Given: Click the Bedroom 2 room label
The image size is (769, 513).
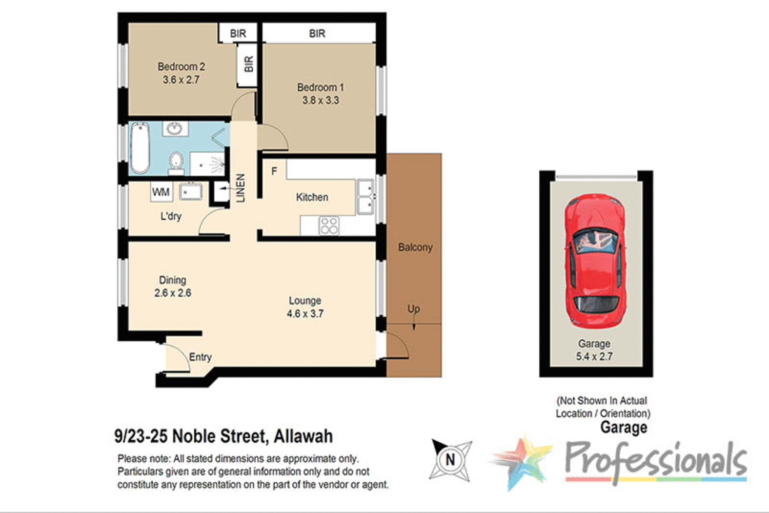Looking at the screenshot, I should click(181, 67).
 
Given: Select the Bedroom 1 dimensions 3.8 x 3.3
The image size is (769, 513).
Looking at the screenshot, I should click(320, 100).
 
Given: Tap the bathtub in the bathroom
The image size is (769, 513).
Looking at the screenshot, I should click(139, 148).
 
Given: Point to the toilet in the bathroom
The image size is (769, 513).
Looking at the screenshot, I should click(176, 161).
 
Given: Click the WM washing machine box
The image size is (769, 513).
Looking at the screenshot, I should click(161, 192).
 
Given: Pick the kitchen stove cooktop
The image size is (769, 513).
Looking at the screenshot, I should click(329, 225).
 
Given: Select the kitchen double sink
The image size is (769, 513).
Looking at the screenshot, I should click(366, 197).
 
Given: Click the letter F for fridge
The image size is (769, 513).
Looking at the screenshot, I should click(274, 171).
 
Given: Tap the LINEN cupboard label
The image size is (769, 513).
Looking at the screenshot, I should click(240, 188).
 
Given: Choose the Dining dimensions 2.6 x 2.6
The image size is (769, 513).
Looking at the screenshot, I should click(173, 293).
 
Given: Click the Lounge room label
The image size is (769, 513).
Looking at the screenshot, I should click(305, 301).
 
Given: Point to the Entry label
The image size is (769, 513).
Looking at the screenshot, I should click(200, 357).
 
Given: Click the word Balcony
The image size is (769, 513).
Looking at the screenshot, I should click(415, 248).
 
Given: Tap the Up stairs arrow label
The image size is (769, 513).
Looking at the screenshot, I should click(414, 309).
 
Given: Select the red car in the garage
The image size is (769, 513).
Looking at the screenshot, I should click(595, 259).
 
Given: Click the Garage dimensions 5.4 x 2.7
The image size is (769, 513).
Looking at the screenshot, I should click(594, 357).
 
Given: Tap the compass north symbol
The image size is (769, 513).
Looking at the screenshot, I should click(450, 460).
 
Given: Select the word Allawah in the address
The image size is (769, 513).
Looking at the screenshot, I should click(303, 436).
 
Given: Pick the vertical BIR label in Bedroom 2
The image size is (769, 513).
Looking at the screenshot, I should click(249, 64).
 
